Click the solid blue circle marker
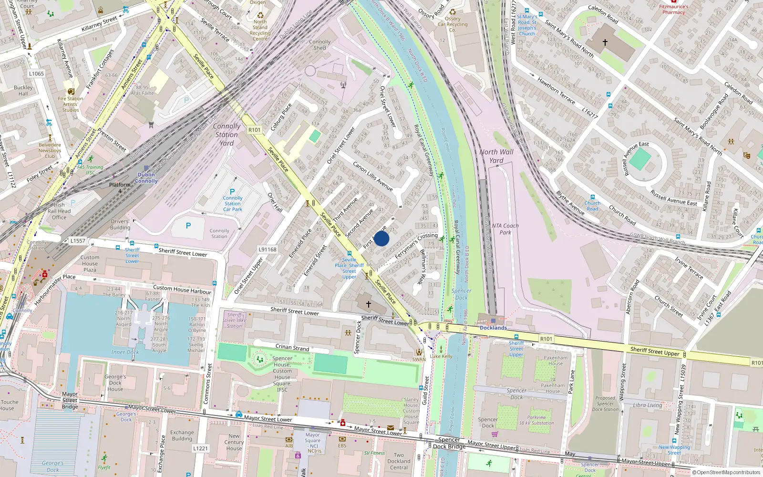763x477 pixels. point(381,238)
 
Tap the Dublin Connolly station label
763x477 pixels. point(146,178)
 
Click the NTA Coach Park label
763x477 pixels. point(505,229)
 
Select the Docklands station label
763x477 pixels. point(493,328)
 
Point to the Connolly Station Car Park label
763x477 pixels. point(233,204)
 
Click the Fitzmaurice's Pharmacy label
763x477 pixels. point(673,9)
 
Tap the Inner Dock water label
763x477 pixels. point(125,352)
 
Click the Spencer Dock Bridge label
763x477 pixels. point(449,443)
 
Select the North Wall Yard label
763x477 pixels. point(496,156)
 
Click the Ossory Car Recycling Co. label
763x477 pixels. point(453,24)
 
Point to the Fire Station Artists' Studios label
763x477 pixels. point(71,104)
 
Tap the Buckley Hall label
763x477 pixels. point(23,91)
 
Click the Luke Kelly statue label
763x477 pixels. point(441,356)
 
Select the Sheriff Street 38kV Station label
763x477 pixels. point(234,320)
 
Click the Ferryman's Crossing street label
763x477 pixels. point(416,245)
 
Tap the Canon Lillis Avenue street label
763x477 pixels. point(373,176)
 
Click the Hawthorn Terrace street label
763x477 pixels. point(556,91)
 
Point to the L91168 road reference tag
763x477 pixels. point(268,249)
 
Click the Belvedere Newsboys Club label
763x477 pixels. point(50,150)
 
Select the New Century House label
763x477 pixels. point(234,442)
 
